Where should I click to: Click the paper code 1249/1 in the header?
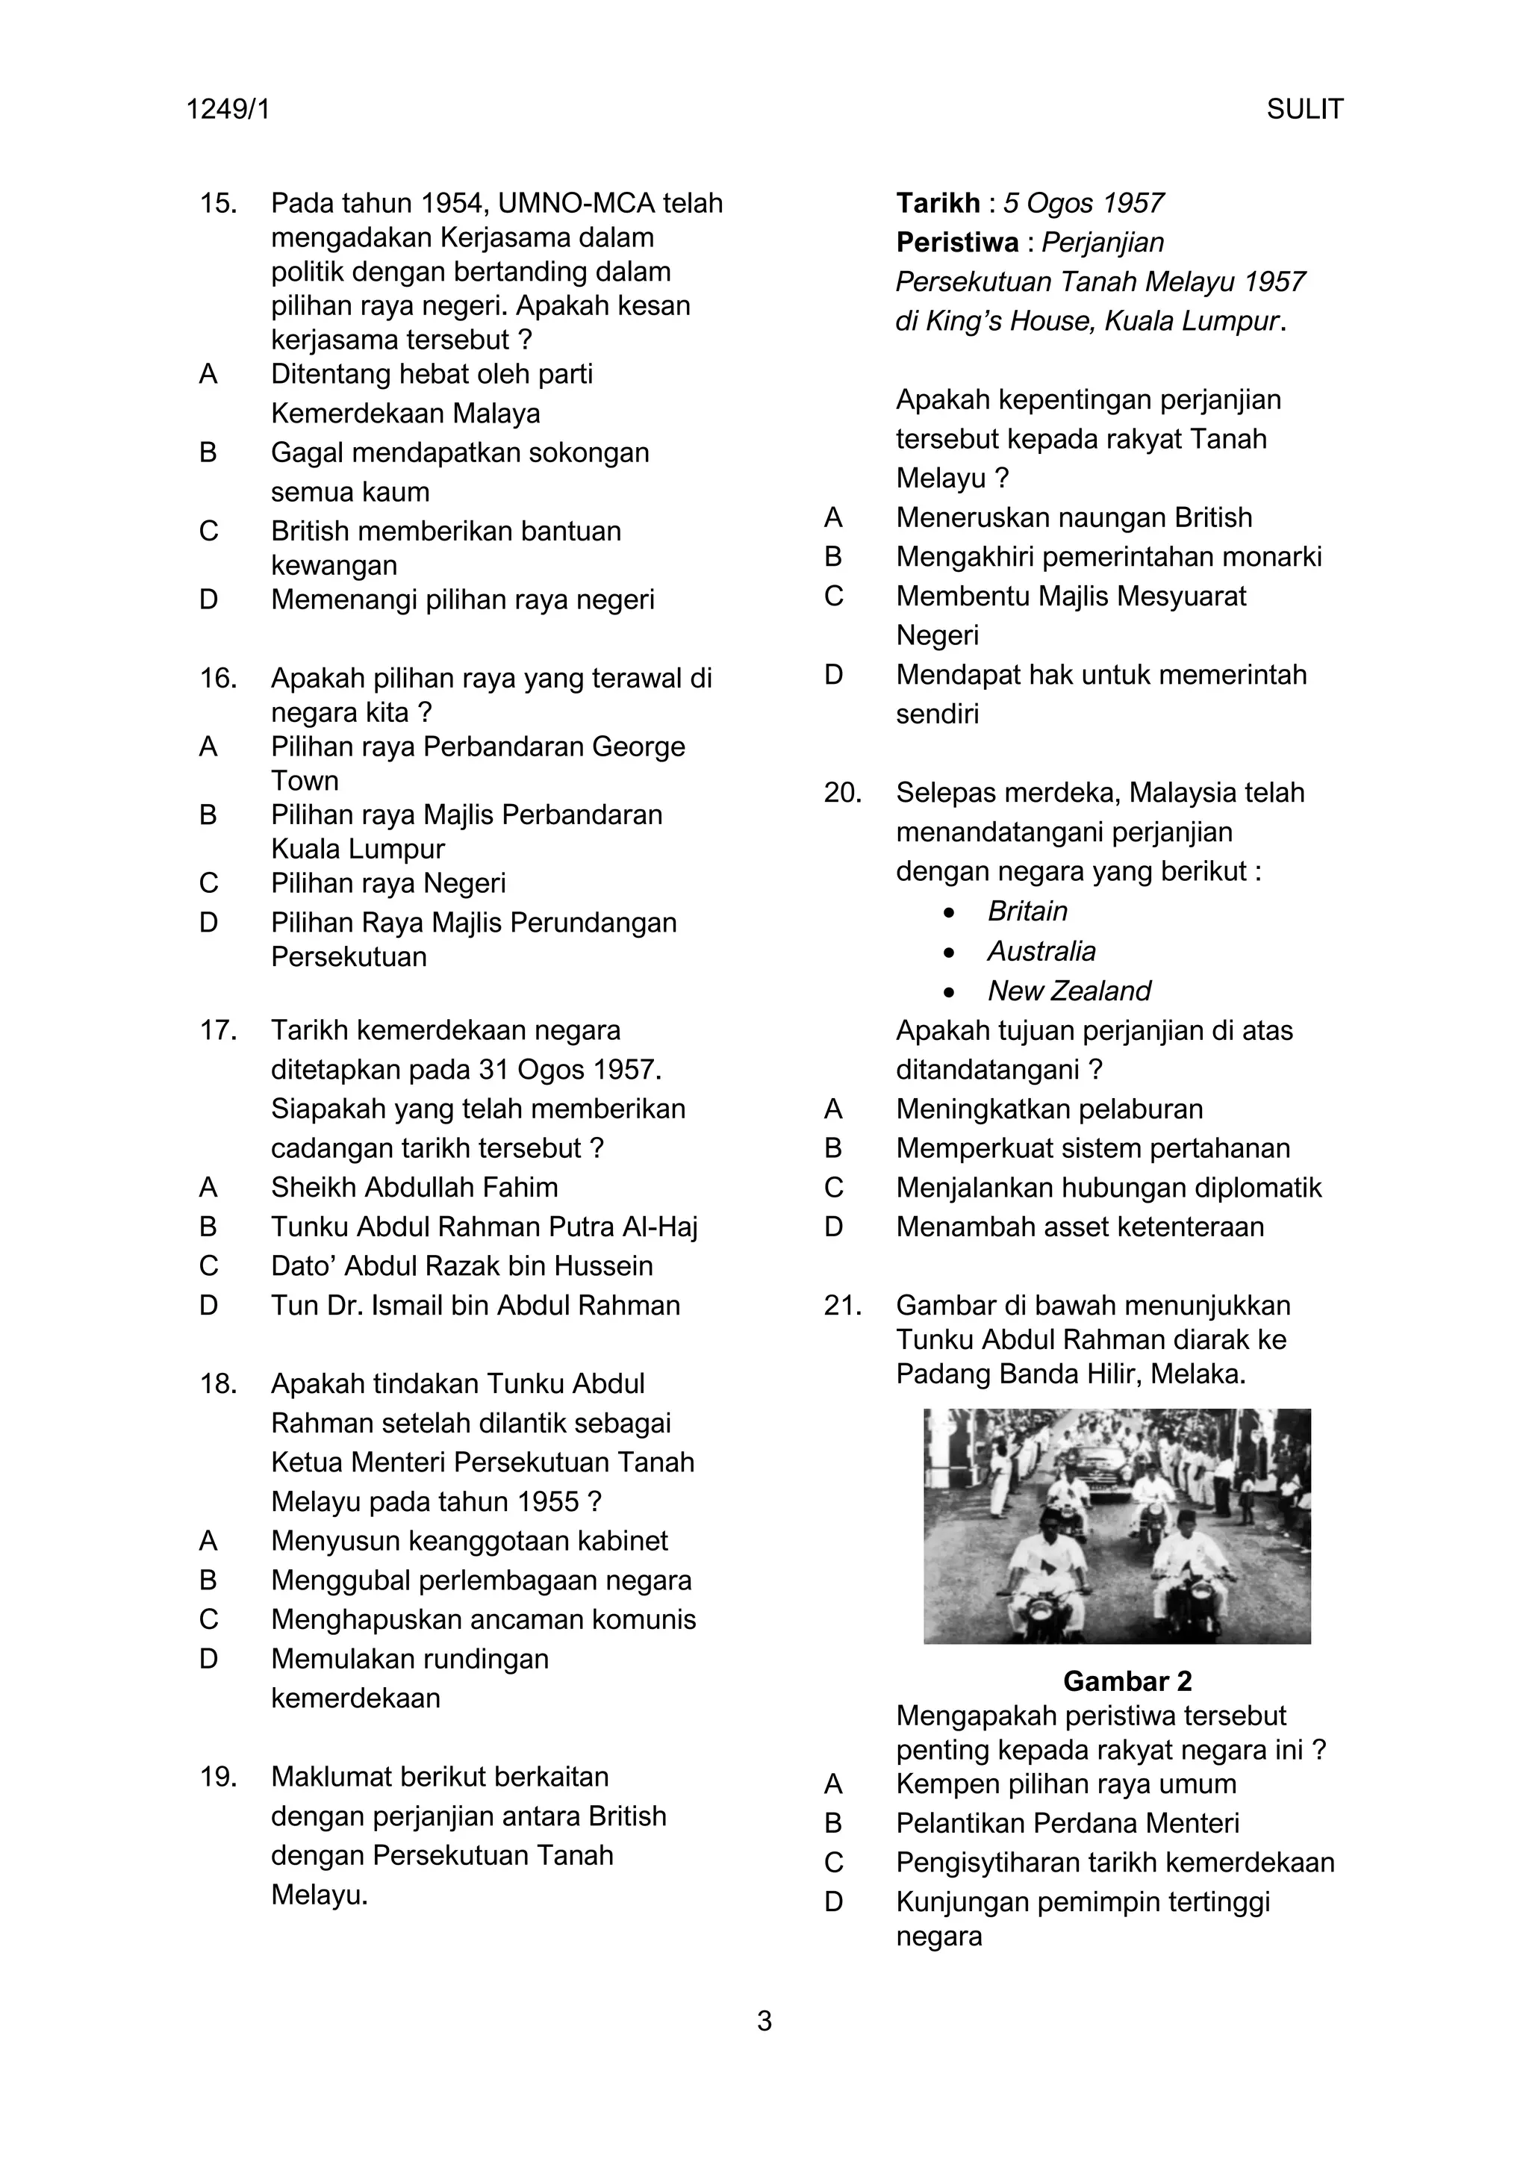[x=228, y=110]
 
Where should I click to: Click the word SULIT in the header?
[x=1304, y=110]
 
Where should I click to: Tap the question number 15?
[x=217, y=203]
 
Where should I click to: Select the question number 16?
[x=217, y=678]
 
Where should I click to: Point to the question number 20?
[x=843, y=793]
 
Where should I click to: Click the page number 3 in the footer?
[x=764, y=2021]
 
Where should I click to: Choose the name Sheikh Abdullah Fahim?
[x=414, y=1188]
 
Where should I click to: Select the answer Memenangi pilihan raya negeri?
[x=462, y=599]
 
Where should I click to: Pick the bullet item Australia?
[x=1041, y=951]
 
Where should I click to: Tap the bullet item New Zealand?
[x=1068, y=991]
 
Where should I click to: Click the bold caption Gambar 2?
[x=1127, y=1680]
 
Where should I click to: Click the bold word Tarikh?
[x=938, y=203]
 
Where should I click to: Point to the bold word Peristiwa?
[x=956, y=243]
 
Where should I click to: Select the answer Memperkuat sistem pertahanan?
[x=1092, y=1148]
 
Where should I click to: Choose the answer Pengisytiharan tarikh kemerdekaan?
[x=1115, y=1863]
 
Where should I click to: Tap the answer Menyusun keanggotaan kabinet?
[x=469, y=1541]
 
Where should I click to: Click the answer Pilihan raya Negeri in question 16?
[x=388, y=883]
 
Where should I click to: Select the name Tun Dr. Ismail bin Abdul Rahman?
[x=476, y=1305]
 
